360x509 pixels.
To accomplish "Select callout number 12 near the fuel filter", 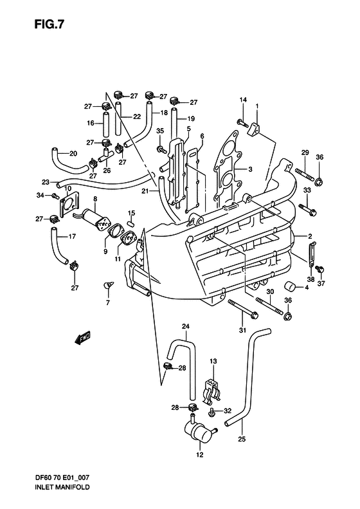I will click(199, 454).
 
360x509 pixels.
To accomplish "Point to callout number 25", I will click(241, 441).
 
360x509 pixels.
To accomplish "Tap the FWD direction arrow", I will click(82, 335).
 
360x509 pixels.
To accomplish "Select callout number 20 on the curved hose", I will click(73, 153).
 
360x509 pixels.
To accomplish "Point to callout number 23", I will click(45, 182).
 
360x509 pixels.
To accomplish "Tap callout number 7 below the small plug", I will click(108, 302).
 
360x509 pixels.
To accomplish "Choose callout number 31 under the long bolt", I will click(243, 330).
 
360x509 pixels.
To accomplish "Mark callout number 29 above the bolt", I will click(306, 153).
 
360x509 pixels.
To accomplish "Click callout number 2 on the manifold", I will click(309, 236).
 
